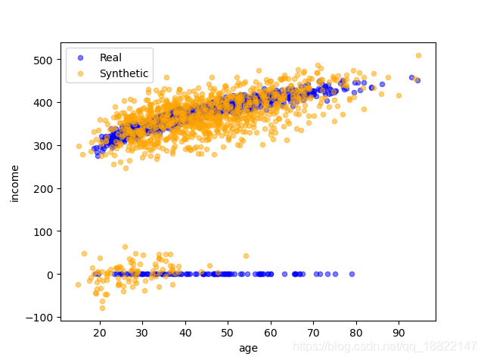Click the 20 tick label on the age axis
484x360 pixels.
[x=99, y=332]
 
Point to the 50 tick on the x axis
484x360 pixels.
[x=227, y=332]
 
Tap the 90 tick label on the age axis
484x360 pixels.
[x=399, y=332]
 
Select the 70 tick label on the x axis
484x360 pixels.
[x=313, y=332]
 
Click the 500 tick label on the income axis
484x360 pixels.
[x=44, y=60]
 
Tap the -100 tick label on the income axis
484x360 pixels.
[x=41, y=318]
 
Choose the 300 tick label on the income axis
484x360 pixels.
[x=44, y=145]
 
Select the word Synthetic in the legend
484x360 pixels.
[x=124, y=73]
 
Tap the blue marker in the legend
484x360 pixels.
[x=81, y=57]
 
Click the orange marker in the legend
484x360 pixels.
[x=81, y=73]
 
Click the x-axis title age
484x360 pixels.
[x=248, y=347]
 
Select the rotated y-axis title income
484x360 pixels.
[x=14, y=184]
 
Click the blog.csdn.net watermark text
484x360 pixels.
[x=386, y=346]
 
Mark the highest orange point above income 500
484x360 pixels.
[x=418, y=55]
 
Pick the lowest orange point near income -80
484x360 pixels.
[x=102, y=308]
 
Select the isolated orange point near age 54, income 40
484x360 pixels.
[x=246, y=256]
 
